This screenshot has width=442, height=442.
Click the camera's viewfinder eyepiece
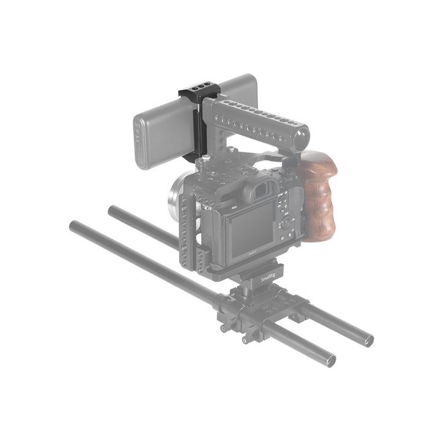point(257,193)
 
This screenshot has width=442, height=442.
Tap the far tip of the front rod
point(73,226)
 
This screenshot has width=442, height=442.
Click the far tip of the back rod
point(112,209)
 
